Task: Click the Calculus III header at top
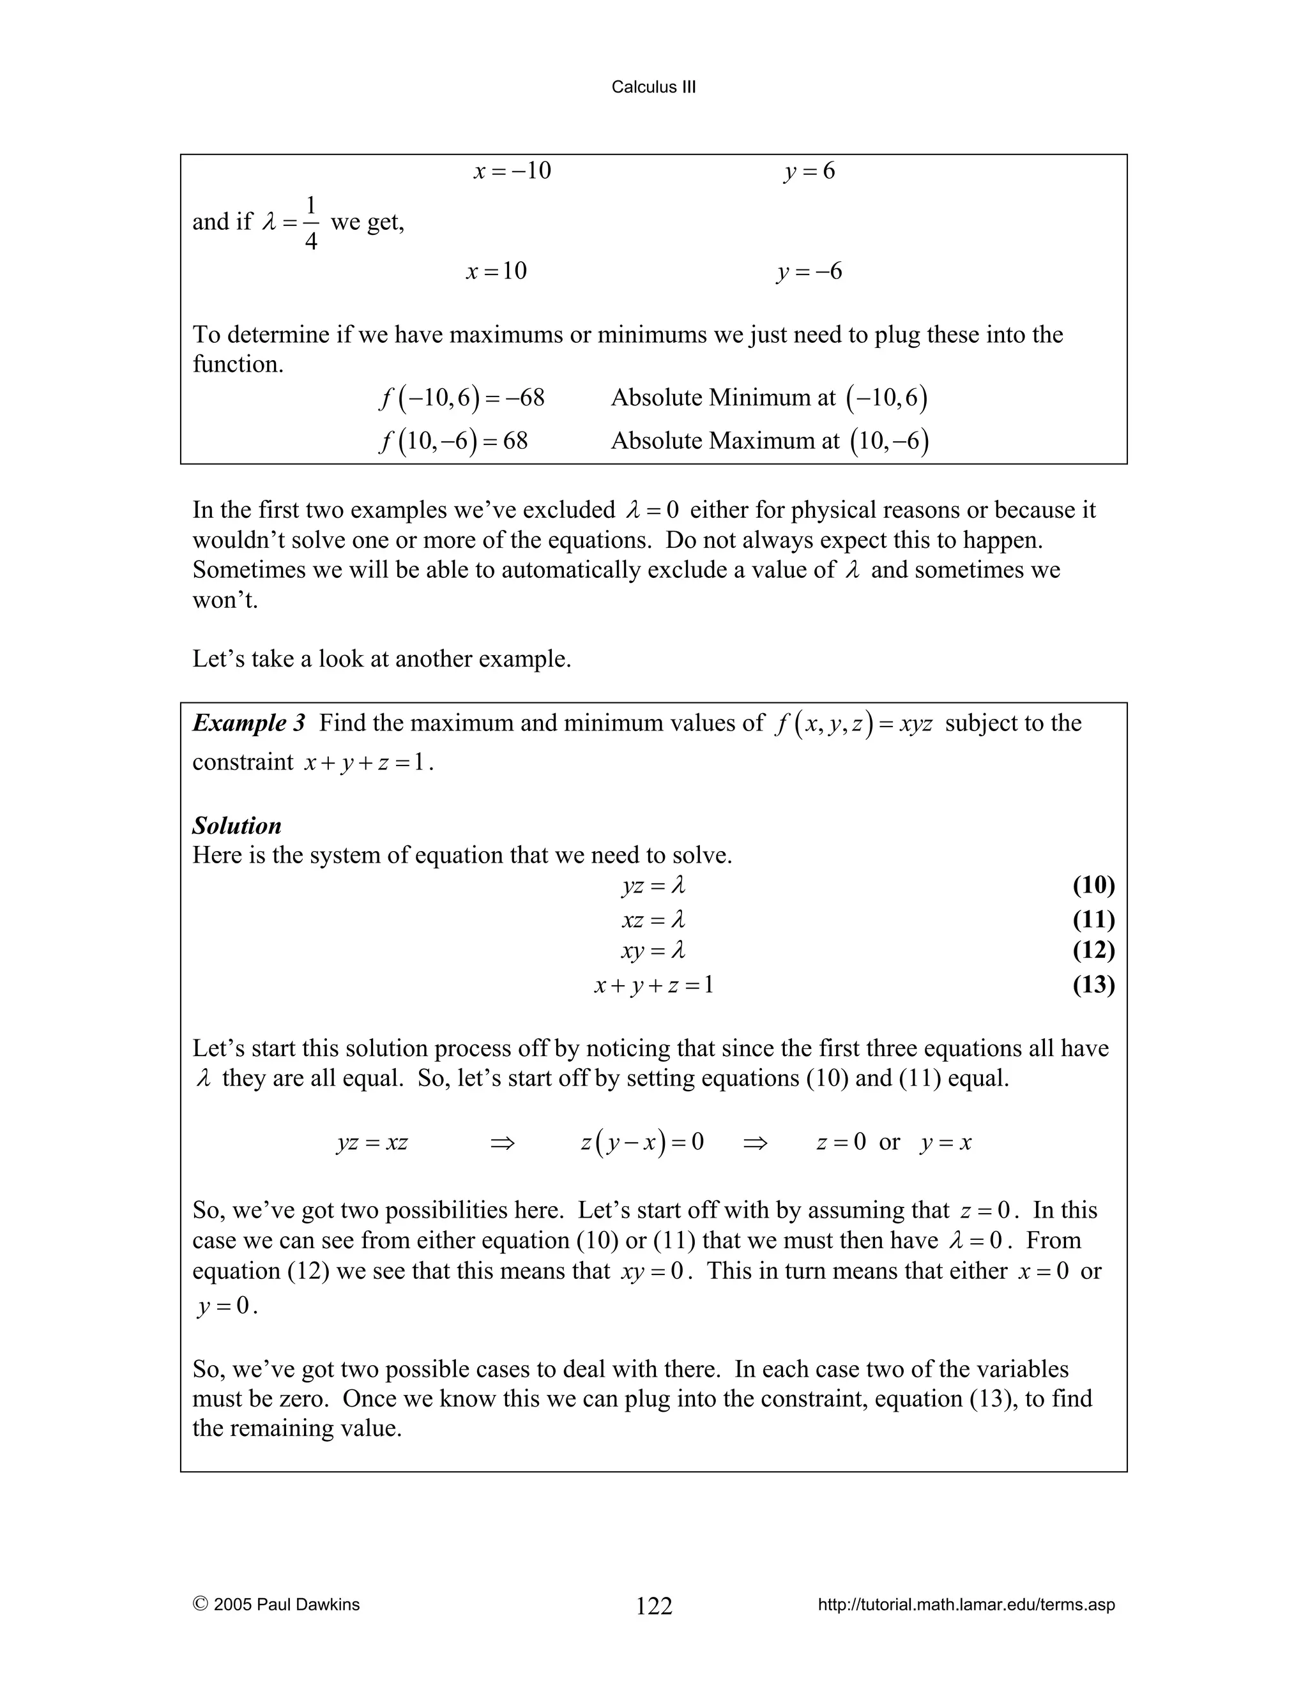point(653,87)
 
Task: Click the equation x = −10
point(512,170)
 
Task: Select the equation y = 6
point(809,170)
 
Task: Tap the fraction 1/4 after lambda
point(311,223)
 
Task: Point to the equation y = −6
point(809,271)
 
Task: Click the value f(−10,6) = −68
point(462,397)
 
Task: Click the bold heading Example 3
point(248,723)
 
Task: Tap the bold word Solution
point(236,825)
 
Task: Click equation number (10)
point(1093,885)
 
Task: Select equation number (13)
point(1093,985)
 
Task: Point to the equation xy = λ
point(653,951)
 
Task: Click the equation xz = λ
point(653,919)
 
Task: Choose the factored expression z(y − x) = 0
point(642,1142)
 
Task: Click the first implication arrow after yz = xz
point(502,1143)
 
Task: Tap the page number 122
point(654,1606)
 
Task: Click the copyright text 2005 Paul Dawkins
point(277,1605)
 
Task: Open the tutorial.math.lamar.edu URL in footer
point(966,1605)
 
